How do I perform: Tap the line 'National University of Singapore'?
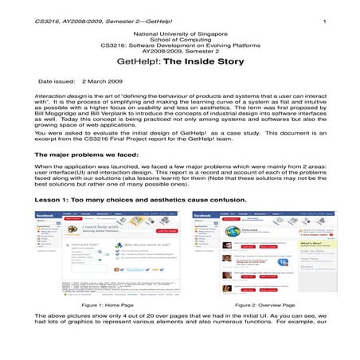click(x=180, y=34)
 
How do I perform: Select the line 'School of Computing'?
click(x=180, y=41)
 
